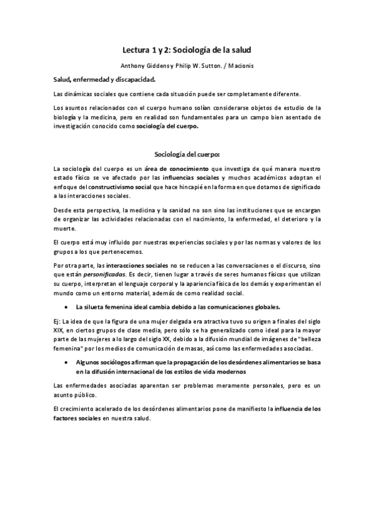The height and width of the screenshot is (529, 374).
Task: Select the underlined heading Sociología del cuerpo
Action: point(187,153)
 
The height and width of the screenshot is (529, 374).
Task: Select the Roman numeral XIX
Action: point(61,331)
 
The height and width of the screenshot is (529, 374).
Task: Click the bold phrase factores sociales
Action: point(77,419)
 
